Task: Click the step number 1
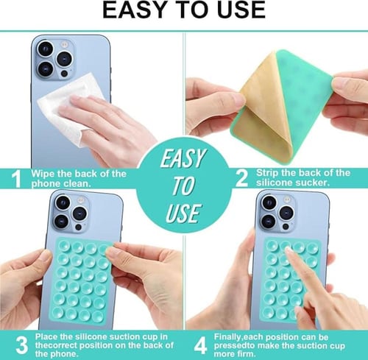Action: click(17, 179)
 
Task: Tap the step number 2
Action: click(241, 178)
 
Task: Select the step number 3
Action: click(22, 345)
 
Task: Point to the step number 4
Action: click(200, 345)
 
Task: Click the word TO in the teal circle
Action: click(183, 186)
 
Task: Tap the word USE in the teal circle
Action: click(183, 213)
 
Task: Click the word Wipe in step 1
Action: click(43, 174)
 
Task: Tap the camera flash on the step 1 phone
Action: click(65, 44)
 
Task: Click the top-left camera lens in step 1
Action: click(45, 49)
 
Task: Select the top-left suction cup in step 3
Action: click(64, 245)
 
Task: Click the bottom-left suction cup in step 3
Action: click(58, 311)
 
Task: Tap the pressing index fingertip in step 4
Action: click(289, 252)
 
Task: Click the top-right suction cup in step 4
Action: click(312, 248)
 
